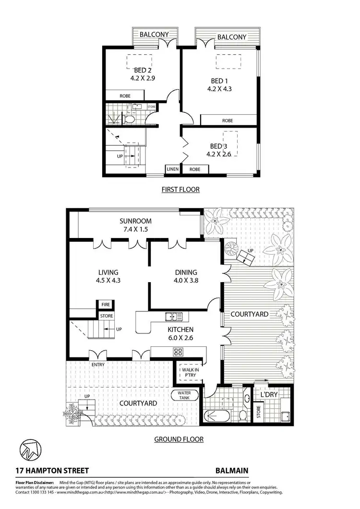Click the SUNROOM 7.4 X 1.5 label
pos(135,225)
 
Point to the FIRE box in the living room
pos(105,304)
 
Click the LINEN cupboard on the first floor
pos(172,169)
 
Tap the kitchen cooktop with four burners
pos(178,352)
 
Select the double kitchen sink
pos(174,316)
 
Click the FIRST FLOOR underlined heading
pos(180,189)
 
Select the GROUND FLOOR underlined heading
pos(179,439)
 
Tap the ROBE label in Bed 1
pos(228,120)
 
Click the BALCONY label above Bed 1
pos(232,37)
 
